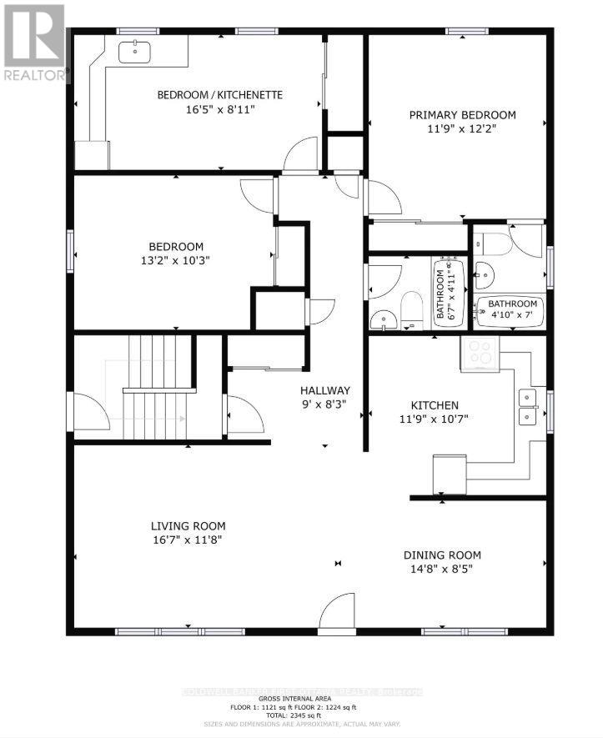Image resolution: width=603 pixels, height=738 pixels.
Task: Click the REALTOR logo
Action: tap(34, 43)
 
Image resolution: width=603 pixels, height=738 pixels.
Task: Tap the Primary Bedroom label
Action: tap(462, 115)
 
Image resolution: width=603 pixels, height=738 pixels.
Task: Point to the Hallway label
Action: tap(325, 390)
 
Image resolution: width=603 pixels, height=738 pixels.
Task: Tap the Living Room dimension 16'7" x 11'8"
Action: tap(188, 540)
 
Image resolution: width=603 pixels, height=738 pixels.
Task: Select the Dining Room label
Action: tap(442, 555)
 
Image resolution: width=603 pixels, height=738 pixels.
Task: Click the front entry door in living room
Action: tap(338, 613)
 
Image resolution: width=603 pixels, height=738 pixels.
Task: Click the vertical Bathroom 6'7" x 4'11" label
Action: tap(442, 289)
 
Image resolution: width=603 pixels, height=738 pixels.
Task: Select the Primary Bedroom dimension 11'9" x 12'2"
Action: tap(462, 130)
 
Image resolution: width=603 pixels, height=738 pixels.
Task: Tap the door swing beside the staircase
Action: tap(88, 411)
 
